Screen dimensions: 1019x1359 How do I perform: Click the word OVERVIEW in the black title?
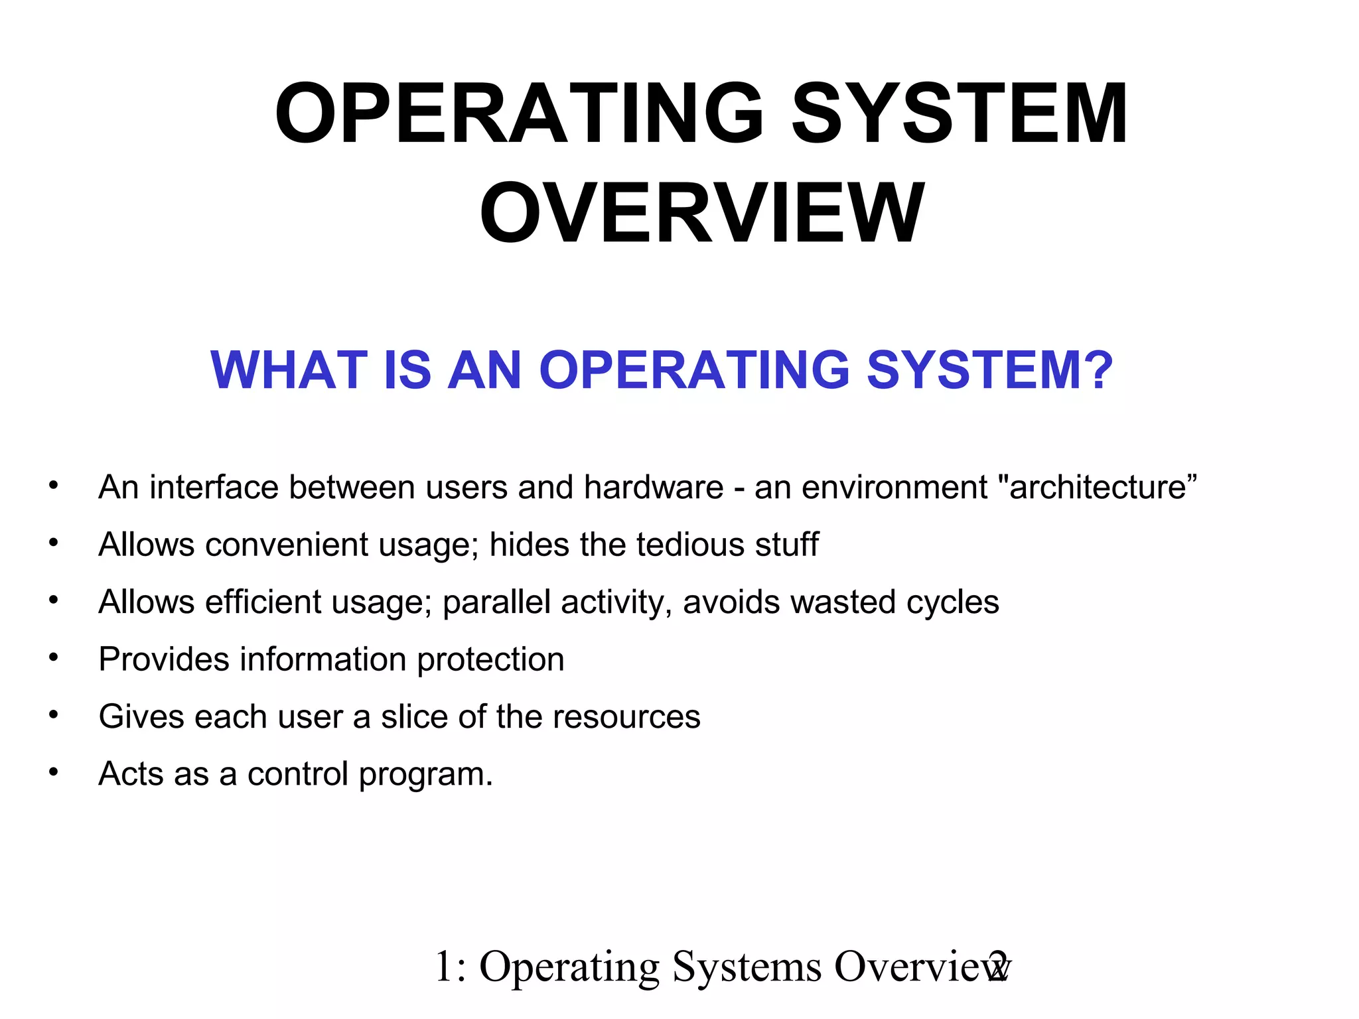click(701, 214)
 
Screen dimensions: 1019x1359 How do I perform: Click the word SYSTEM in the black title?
click(960, 113)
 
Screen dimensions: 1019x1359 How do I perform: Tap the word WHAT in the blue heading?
click(289, 370)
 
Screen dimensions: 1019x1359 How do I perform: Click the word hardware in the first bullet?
click(654, 488)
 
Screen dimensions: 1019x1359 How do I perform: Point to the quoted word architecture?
click(1098, 488)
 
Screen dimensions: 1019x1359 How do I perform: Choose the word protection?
click(490, 659)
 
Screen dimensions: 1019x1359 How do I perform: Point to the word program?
click(425, 774)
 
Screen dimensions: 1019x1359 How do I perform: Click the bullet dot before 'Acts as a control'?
click(54, 772)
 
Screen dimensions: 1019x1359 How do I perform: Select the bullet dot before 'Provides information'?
click(54, 657)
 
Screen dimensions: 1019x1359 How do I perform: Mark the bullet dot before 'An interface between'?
click(54, 486)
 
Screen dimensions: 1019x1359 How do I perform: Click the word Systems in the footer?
click(747, 967)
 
